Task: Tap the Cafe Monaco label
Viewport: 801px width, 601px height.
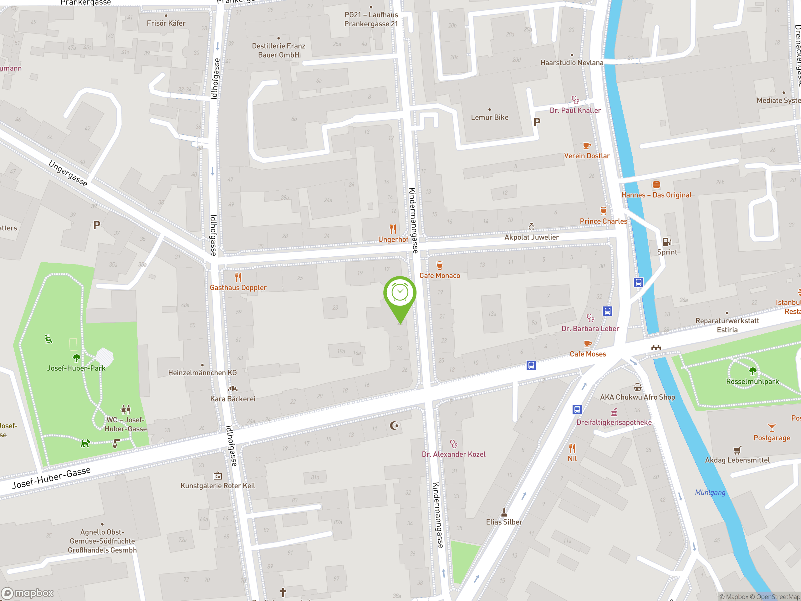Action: [x=440, y=276]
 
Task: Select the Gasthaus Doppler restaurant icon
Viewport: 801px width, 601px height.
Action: [x=238, y=278]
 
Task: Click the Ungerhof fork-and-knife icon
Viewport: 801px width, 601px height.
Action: [x=393, y=229]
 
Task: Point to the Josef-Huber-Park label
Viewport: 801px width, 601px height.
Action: [x=76, y=368]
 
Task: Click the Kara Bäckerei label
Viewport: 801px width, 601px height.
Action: [x=233, y=399]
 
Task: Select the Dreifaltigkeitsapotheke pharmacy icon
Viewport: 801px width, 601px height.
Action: [x=614, y=412]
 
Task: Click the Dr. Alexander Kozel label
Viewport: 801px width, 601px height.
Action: [x=453, y=454]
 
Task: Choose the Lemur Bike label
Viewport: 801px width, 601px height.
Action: [x=490, y=117]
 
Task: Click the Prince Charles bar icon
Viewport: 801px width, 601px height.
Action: [x=603, y=211]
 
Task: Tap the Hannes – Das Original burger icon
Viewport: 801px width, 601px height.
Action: [x=656, y=184]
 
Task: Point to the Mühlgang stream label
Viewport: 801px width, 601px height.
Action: [x=710, y=493]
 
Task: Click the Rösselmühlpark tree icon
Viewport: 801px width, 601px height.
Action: [x=753, y=371]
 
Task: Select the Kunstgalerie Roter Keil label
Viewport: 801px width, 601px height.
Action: [x=218, y=486]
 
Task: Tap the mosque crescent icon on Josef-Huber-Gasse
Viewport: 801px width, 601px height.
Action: [x=394, y=425]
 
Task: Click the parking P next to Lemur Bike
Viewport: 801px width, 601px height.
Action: [x=537, y=122]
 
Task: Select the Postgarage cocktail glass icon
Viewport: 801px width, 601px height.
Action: [x=772, y=428]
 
